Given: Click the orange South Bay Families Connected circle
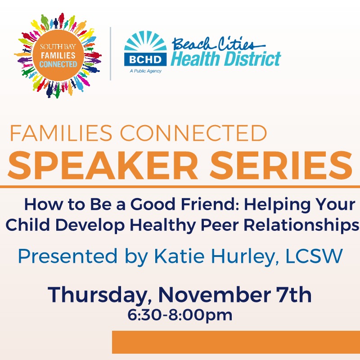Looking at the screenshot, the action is [x=58, y=55].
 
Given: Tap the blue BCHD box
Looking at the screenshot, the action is [x=145, y=59].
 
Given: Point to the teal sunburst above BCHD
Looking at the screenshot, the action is [x=145, y=41].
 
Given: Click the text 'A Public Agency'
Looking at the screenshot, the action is [x=145, y=71].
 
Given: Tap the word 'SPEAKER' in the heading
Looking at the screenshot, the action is [x=103, y=165].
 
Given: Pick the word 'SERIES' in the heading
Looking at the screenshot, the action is [x=281, y=165].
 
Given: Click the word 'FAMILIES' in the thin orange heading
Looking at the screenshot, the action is [x=61, y=133].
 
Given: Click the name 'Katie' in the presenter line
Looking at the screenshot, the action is [x=179, y=256].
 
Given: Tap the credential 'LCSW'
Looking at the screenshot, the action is [x=314, y=256].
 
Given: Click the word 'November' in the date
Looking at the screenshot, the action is [x=214, y=295].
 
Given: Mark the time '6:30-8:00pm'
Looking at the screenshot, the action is [x=180, y=315].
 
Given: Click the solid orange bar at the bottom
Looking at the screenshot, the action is [x=236, y=342].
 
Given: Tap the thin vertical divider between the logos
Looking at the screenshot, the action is [x=111, y=54].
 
